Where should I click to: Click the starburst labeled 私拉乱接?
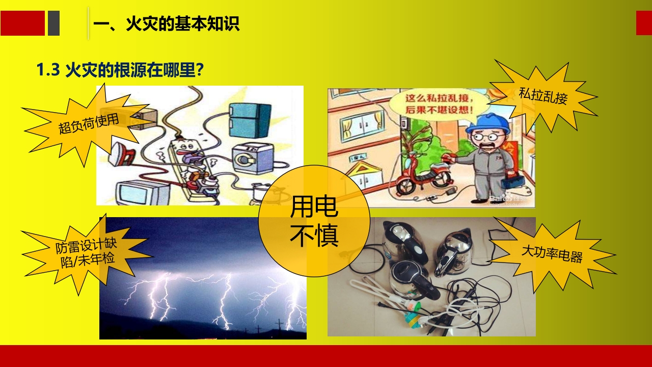tap(543, 95)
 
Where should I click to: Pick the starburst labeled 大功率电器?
tap(552, 253)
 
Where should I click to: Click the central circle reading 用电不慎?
tap(314, 221)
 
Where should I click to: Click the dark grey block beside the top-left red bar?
tap(53, 23)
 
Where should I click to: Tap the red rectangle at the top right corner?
tap(644, 23)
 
